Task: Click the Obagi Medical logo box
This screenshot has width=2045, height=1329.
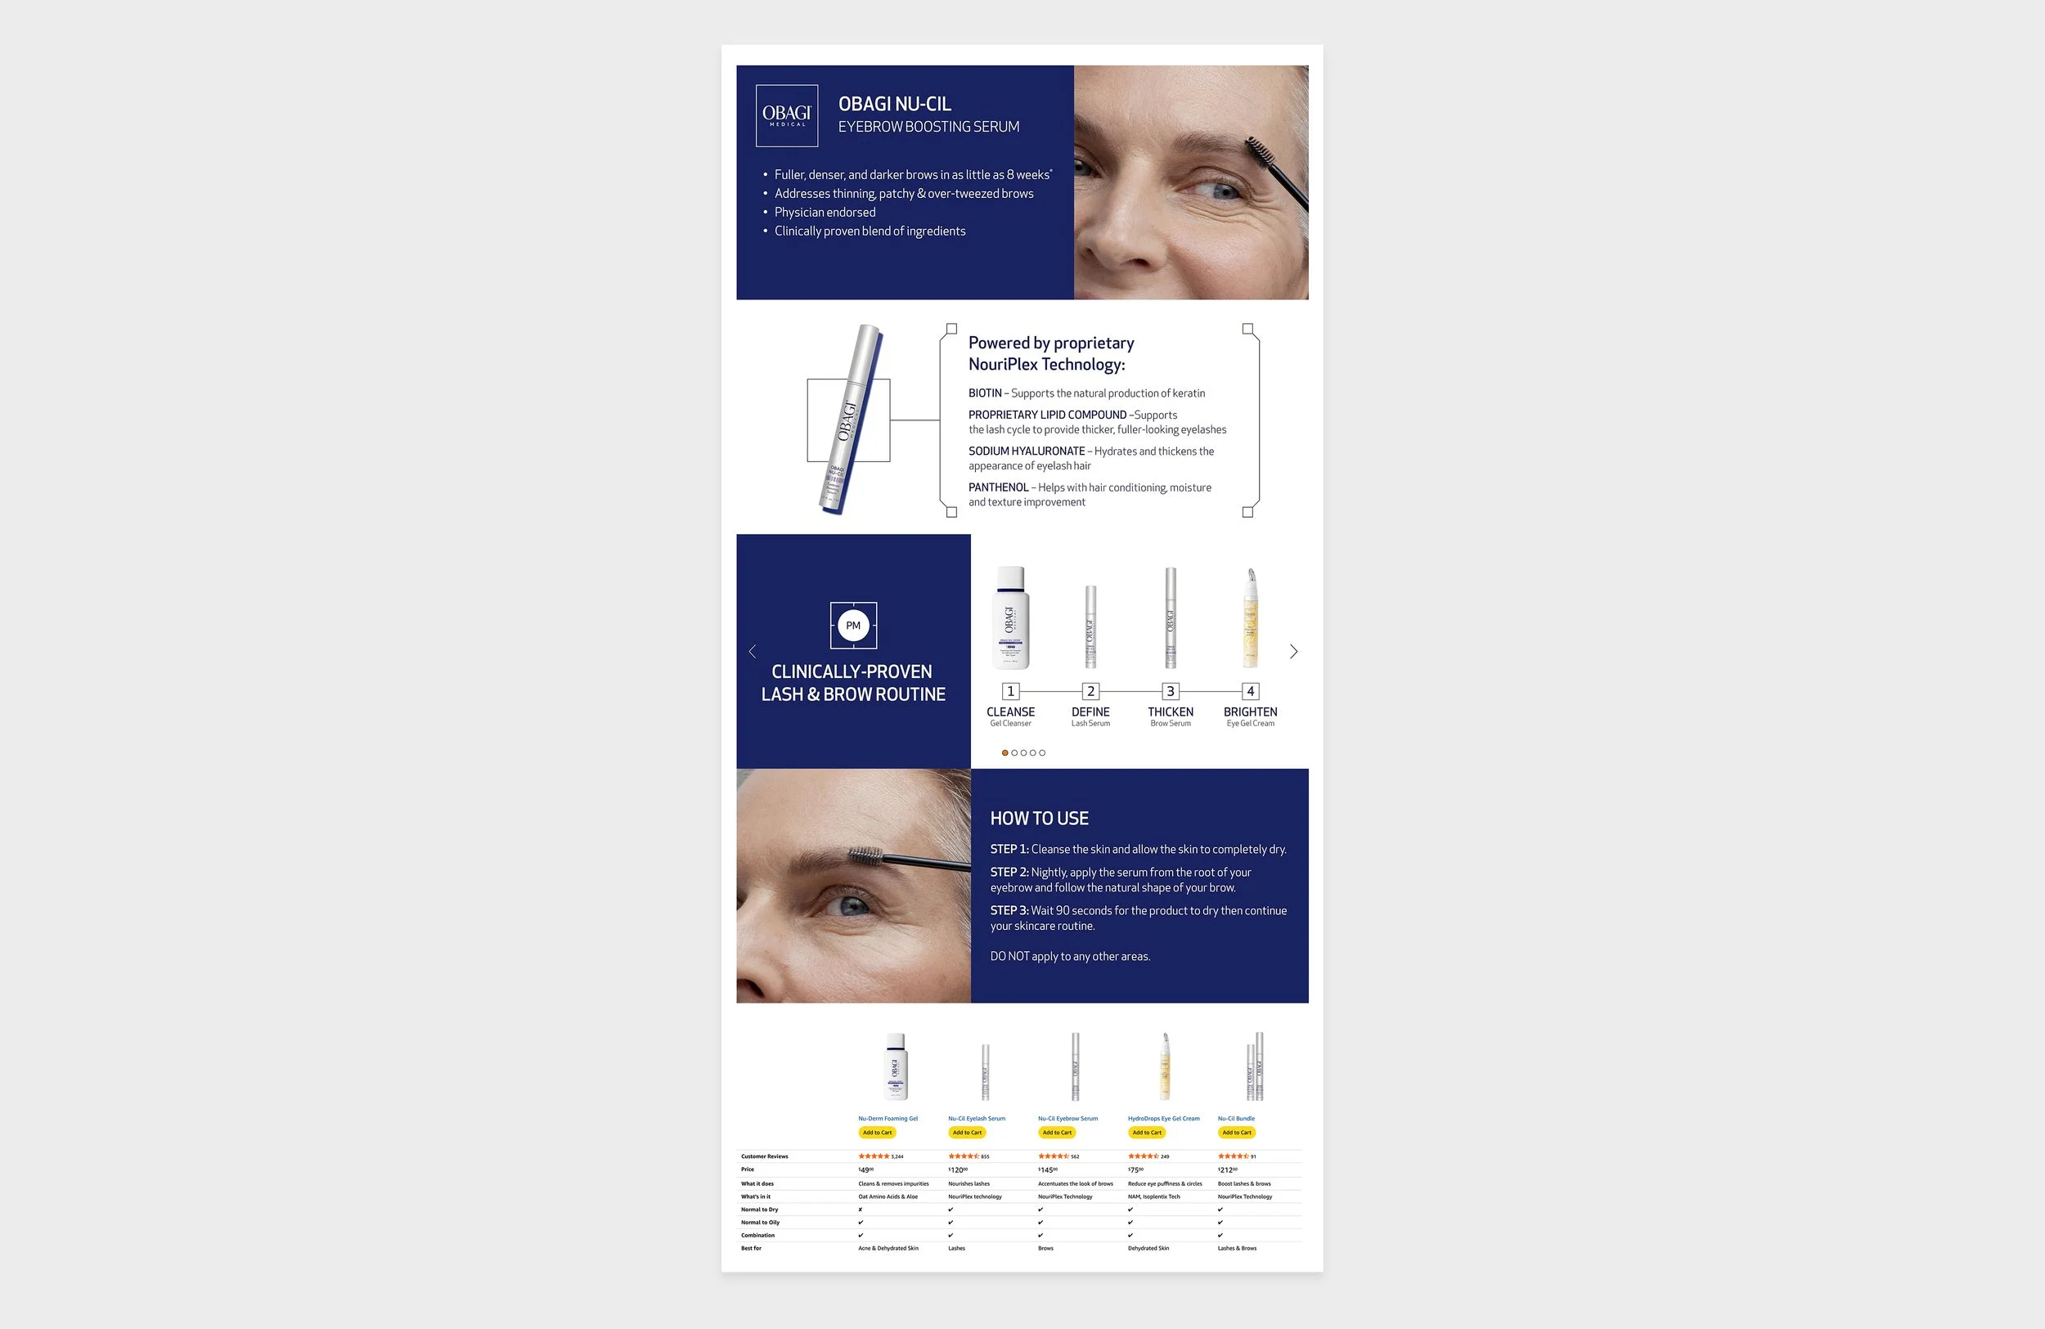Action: (786, 115)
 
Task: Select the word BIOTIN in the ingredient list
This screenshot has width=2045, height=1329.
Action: (985, 393)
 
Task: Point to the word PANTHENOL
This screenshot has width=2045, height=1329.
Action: (998, 488)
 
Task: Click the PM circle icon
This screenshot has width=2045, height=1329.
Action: (853, 626)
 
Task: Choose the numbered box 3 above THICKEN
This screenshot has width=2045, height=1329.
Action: (1171, 692)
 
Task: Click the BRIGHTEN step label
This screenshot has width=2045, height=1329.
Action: (1250, 712)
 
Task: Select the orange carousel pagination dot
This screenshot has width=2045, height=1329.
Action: (1005, 752)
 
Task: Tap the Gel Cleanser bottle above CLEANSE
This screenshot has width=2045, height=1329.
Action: (1011, 617)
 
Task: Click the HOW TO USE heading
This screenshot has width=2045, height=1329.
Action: (1039, 819)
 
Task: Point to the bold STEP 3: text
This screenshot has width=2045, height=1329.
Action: (1009, 910)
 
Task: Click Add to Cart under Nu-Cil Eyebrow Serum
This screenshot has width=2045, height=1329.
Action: (1057, 1132)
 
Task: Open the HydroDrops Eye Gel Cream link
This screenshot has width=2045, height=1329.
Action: (1163, 1119)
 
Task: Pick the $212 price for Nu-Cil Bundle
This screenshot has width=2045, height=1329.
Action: (1227, 1170)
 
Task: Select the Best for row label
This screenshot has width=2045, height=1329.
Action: (751, 1248)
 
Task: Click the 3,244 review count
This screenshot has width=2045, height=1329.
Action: (897, 1156)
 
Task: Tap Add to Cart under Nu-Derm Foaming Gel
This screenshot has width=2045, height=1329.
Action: (877, 1132)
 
